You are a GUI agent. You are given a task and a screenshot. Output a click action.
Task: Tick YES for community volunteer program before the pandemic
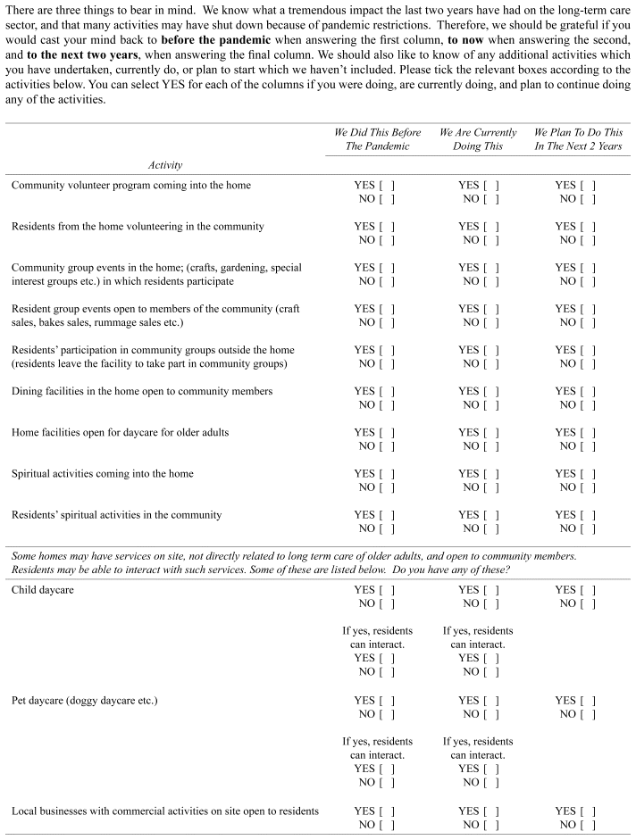[x=386, y=186]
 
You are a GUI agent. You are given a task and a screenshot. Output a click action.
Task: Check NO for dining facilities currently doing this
[x=491, y=405]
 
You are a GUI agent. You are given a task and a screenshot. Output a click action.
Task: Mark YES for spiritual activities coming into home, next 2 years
[x=588, y=474]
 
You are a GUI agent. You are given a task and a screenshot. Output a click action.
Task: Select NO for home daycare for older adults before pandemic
[x=386, y=446]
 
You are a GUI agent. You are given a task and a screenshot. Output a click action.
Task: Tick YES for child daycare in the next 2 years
[x=588, y=590]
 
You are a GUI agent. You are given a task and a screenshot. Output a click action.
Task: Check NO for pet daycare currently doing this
[x=491, y=714]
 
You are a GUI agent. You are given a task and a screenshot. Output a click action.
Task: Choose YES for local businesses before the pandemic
[x=386, y=811]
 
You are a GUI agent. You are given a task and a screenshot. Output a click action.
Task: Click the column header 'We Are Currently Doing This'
[x=478, y=139]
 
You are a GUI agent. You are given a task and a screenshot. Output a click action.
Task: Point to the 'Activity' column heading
[x=165, y=165]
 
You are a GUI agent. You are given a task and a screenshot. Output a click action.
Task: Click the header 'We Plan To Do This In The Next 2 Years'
[x=577, y=139]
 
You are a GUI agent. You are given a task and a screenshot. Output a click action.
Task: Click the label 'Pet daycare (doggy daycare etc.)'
[x=85, y=701]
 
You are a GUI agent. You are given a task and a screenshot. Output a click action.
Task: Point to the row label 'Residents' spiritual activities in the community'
[x=117, y=515]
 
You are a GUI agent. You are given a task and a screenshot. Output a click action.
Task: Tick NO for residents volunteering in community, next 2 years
[x=588, y=240]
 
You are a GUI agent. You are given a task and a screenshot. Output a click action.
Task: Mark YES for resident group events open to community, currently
[x=491, y=309]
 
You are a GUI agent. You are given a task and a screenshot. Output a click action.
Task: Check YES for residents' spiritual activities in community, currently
[x=491, y=515]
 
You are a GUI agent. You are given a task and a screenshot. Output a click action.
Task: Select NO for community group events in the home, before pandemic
[x=386, y=281]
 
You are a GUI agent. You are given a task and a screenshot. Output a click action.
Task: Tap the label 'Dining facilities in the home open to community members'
[x=142, y=392]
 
